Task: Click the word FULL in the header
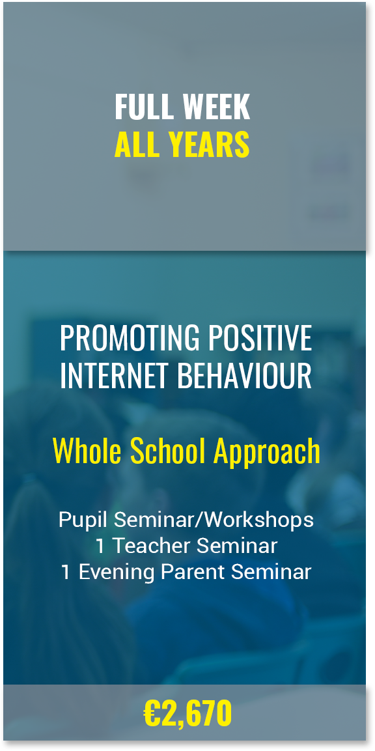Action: click(143, 107)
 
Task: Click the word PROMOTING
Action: click(129, 338)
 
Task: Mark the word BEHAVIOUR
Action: click(245, 376)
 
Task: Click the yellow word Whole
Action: click(88, 451)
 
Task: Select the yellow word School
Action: click(169, 451)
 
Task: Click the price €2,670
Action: click(187, 714)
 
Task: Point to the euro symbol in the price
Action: click(152, 713)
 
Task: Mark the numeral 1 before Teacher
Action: click(100, 546)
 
